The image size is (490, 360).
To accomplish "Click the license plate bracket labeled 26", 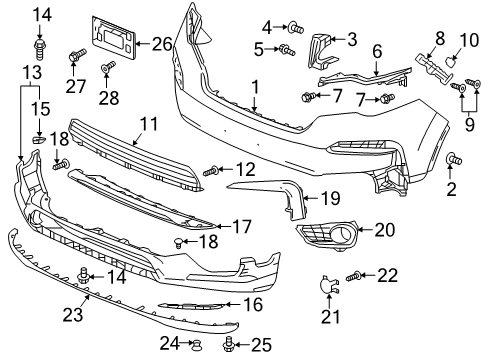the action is pyautogui.click(x=113, y=37).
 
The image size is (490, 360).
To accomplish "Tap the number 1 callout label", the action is pyautogui.click(x=255, y=88).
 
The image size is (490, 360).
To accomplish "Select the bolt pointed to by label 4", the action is pyautogui.click(x=296, y=28).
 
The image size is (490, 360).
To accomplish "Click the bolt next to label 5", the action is pyautogui.click(x=287, y=50).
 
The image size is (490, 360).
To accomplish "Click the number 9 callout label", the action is pyautogui.click(x=469, y=125).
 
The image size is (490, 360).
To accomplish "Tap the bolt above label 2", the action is pyautogui.click(x=454, y=159).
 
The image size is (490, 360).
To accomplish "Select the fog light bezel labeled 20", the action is pyautogui.click(x=327, y=235).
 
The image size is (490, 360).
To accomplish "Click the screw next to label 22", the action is pyautogui.click(x=353, y=276).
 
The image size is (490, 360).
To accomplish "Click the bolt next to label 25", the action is pyautogui.click(x=229, y=345).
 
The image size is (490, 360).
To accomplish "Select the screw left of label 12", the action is pyautogui.click(x=211, y=172).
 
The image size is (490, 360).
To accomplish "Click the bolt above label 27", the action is pyautogui.click(x=78, y=55).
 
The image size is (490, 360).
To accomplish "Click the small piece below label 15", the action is pyautogui.click(x=39, y=139).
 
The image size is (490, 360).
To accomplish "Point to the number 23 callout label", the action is pyautogui.click(x=73, y=314).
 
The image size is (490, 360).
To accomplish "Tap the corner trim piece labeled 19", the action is pyautogui.click(x=293, y=197).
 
